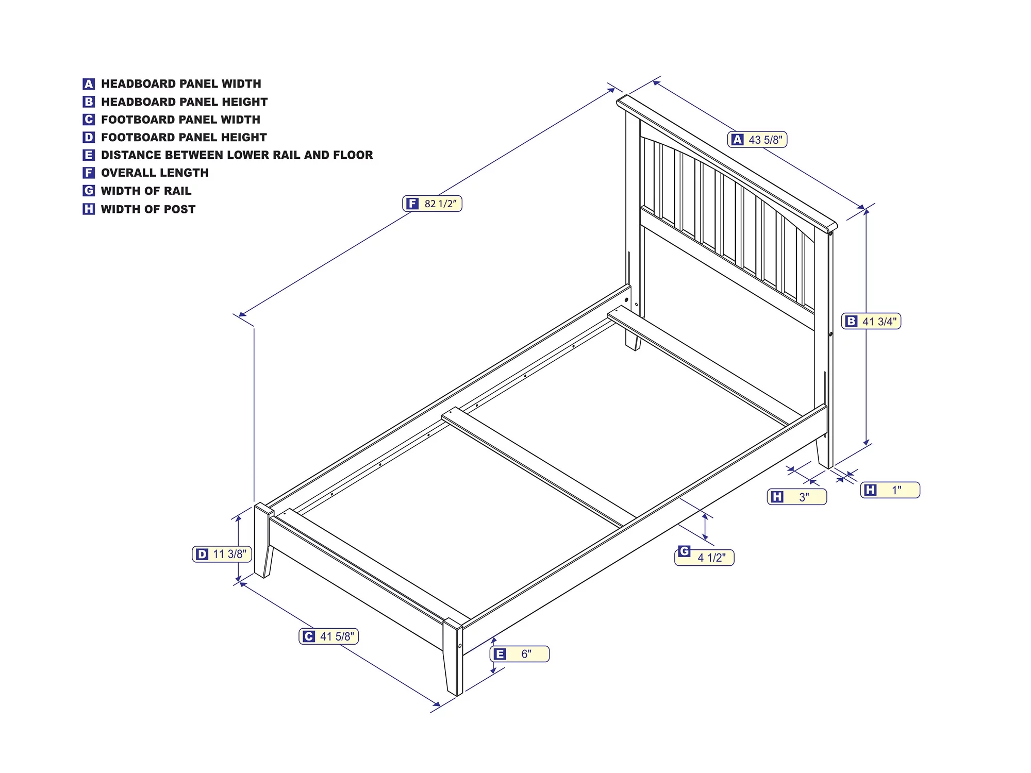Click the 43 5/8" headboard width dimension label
click(757, 140)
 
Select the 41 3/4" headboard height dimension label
click(871, 321)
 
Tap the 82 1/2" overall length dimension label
click(432, 204)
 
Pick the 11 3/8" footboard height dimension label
click(222, 554)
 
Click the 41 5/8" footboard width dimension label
click(329, 636)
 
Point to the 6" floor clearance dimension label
click(520, 654)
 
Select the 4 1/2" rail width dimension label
click(704, 557)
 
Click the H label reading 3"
click(797, 497)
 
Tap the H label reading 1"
click(890, 490)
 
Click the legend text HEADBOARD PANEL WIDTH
click(181, 83)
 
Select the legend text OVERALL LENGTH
click(155, 173)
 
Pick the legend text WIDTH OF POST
click(148, 209)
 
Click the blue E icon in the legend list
click(89, 155)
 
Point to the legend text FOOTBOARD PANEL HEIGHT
click(184, 137)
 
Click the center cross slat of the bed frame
click(539, 467)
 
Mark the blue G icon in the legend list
click(89, 191)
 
